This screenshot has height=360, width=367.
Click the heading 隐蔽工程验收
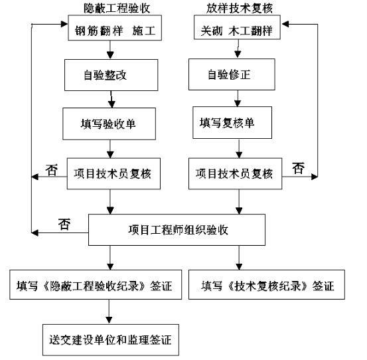117,9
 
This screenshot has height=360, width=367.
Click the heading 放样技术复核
240,9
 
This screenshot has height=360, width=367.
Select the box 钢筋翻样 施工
115,28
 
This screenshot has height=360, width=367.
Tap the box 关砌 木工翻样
237,27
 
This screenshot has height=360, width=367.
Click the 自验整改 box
111,75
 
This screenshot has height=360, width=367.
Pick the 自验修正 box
232,74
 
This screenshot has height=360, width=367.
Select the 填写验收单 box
109,124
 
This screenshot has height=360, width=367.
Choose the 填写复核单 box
232,122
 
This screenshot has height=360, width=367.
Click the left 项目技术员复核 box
113,173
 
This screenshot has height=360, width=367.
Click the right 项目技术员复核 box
235,173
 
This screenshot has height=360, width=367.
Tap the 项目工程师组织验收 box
177,230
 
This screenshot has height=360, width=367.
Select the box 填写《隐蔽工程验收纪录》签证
96,284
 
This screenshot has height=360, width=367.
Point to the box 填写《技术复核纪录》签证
267,284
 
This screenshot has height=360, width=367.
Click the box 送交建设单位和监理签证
111,340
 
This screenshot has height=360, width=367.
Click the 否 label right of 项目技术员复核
298,168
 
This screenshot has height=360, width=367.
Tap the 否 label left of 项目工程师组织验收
64,224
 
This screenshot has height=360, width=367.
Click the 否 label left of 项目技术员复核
52,170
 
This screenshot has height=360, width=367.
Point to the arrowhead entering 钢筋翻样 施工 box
64,24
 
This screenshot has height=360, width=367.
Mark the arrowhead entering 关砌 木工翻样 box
285,24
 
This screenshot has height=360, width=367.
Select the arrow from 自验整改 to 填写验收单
111,100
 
